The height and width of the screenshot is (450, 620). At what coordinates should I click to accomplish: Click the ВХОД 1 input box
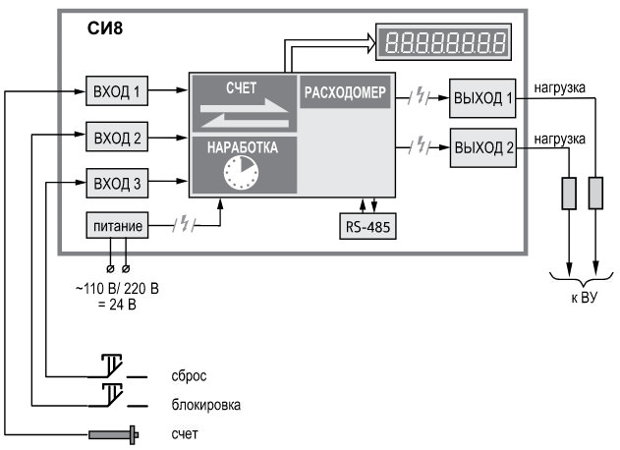click(x=117, y=91)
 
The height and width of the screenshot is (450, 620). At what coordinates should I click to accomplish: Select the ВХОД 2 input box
click(x=117, y=137)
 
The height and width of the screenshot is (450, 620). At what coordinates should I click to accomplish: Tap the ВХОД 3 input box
click(x=117, y=183)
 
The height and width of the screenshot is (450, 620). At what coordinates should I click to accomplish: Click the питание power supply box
click(x=117, y=225)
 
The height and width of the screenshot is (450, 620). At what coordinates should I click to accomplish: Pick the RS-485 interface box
click(x=367, y=226)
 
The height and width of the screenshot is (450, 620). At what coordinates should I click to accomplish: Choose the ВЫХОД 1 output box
click(x=482, y=98)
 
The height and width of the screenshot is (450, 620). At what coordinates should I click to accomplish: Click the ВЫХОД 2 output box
click(x=483, y=148)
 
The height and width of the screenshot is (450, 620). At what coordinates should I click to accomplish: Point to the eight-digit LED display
click(x=443, y=42)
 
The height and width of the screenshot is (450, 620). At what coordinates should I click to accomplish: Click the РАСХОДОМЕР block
click(x=345, y=92)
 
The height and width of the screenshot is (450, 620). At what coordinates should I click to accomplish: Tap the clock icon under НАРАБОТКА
click(x=241, y=173)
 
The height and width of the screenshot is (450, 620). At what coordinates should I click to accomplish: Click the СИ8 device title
click(x=105, y=28)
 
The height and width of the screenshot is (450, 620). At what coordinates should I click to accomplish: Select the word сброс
click(x=189, y=375)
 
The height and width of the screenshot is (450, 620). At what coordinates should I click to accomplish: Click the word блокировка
click(x=206, y=405)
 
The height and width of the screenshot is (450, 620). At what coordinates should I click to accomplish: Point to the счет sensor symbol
click(x=113, y=434)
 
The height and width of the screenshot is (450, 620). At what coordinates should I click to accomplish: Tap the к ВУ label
click(x=584, y=298)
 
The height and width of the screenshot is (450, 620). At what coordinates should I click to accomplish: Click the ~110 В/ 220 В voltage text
click(x=117, y=289)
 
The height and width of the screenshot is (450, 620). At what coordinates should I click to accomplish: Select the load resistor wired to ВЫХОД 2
click(x=569, y=194)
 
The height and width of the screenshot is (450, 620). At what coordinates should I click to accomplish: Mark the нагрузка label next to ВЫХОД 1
click(x=559, y=87)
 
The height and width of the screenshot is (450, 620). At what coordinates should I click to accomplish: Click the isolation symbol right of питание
click(x=185, y=225)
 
